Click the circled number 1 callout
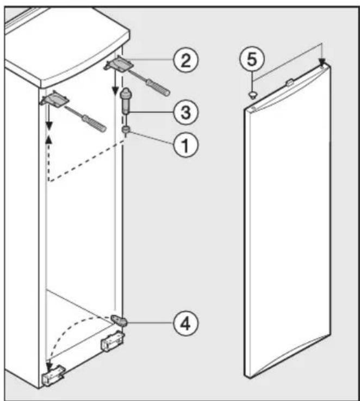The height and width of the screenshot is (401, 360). click(185, 145)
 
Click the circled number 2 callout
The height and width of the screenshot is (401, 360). click(185, 60)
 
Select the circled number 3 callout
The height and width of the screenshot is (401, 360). click(185, 112)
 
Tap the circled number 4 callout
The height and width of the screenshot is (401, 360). click(185, 323)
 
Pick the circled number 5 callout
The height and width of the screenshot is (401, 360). click(252, 59)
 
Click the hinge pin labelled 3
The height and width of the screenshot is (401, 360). click(126, 101)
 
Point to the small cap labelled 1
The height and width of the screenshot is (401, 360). click(126, 129)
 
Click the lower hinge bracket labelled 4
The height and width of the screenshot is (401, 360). click(119, 320)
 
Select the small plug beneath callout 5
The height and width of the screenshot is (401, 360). click(253, 95)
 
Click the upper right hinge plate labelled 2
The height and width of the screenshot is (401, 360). click(119, 64)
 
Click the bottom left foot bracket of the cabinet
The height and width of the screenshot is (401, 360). click(53, 375)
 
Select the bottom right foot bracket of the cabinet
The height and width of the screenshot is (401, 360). click(113, 341)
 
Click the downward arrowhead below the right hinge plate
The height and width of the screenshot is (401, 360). click(116, 90)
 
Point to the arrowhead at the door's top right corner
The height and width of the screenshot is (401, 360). click(322, 62)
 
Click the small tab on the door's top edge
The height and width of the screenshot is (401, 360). click(289, 83)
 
